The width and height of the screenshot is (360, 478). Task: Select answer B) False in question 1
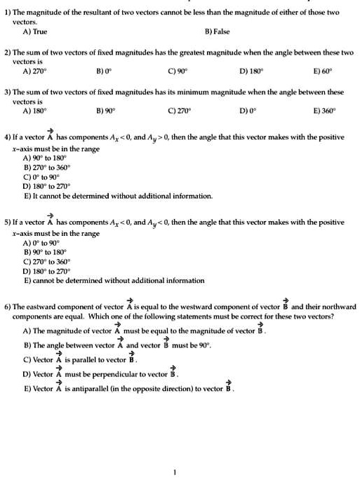click(217, 32)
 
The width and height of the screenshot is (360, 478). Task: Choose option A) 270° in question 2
click(36, 71)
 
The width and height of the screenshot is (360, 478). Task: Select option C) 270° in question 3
click(179, 110)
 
